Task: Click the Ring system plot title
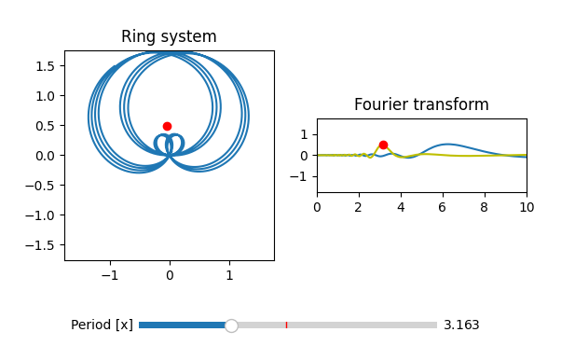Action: [x=169, y=37]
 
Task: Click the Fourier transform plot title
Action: [x=421, y=104]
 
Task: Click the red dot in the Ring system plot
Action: [x=167, y=126]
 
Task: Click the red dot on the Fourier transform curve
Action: [x=383, y=145]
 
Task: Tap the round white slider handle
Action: [x=231, y=325]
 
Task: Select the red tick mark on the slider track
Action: [x=286, y=325]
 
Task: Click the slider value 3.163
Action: [x=461, y=325]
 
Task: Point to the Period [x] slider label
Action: [x=102, y=325]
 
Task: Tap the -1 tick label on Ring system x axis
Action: [x=110, y=276]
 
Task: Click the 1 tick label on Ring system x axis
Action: [x=229, y=276]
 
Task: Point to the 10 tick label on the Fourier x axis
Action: [x=527, y=208]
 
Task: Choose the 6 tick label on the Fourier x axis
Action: [x=443, y=208]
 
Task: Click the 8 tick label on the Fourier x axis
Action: [x=485, y=208]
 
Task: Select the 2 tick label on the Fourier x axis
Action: [x=359, y=208]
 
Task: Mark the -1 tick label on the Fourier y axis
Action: [x=303, y=176]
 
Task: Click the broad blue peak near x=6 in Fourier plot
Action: [x=449, y=145]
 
